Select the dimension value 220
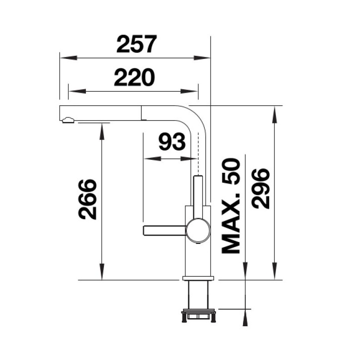pos(134,77)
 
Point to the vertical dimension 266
pos(88,199)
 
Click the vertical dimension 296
pos(261,188)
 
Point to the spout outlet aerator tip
pos(68,120)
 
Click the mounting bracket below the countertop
pos(198,316)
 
